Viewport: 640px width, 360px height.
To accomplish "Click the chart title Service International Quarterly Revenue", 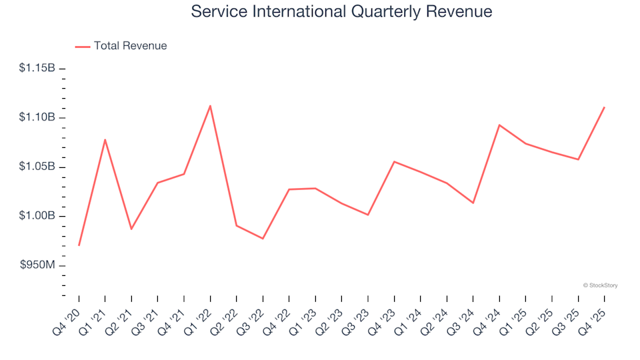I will pyautogui.click(x=341, y=11).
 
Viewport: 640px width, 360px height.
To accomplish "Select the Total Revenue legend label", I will pyautogui.click(x=130, y=46).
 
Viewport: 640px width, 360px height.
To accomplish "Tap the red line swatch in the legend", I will pyautogui.click(x=83, y=47).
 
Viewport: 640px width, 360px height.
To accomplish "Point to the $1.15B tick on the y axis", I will pyautogui.click(x=62, y=68).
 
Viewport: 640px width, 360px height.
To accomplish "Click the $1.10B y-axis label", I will pyautogui.click(x=37, y=117).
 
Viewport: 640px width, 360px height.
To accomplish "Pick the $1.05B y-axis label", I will pyautogui.click(x=37, y=167).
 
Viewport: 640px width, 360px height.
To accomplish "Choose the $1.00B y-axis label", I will pyautogui.click(x=37, y=216).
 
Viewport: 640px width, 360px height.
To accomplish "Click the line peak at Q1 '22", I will pyautogui.click(x=210, y=105).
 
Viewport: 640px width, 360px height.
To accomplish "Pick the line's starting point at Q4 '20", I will pyautogui.click(x=79, y=245).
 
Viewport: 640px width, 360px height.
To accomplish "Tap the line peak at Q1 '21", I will pyautogui.click(x=105, y=139).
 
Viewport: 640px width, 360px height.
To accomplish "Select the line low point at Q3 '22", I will pyautogui.click(x=263, y=239).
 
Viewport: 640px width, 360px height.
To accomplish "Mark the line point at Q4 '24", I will pyautogui.click(x=499, y=125).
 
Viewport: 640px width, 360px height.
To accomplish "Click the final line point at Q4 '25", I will pyautogui.click(x=604, y=107).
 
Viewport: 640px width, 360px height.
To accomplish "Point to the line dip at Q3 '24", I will pyautogui.click(x=473, y=203).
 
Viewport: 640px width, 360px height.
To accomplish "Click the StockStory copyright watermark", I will pyautogui.click(x=600, y=285).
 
